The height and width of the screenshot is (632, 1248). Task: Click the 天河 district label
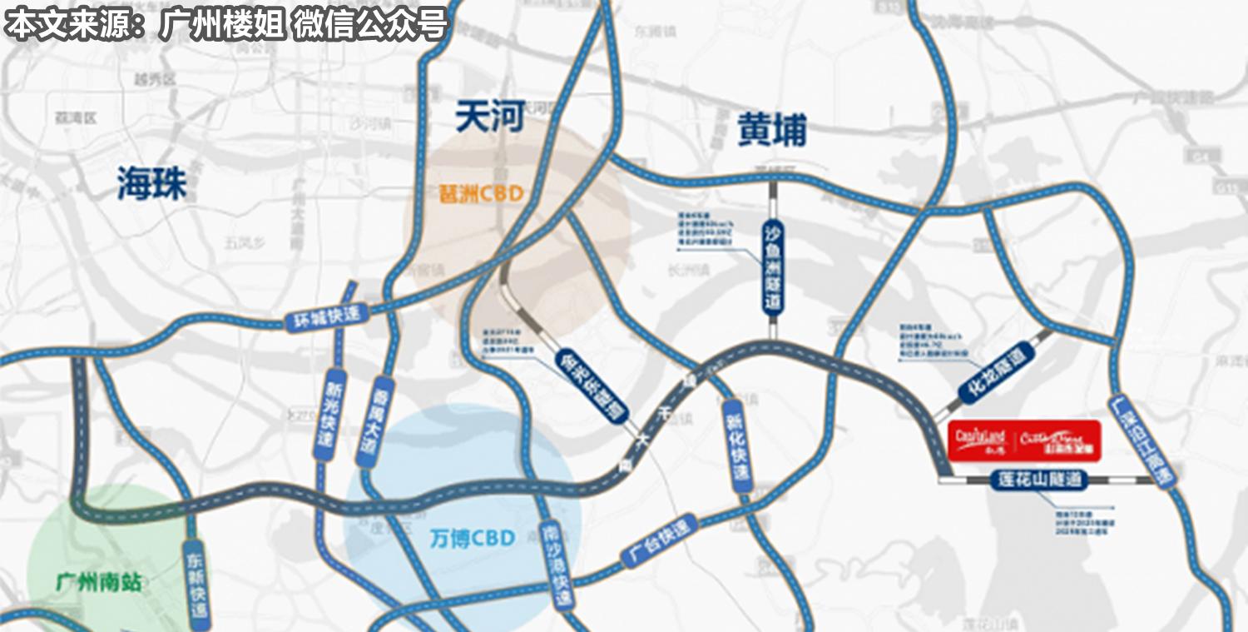coord(490,117)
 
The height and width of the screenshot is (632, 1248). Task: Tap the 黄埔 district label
coord(772,130)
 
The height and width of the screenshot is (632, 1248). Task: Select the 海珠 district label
coord(151,183)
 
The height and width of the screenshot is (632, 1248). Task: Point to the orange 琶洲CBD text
coord(482,194)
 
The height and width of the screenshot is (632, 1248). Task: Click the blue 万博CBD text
coord(473,537)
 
